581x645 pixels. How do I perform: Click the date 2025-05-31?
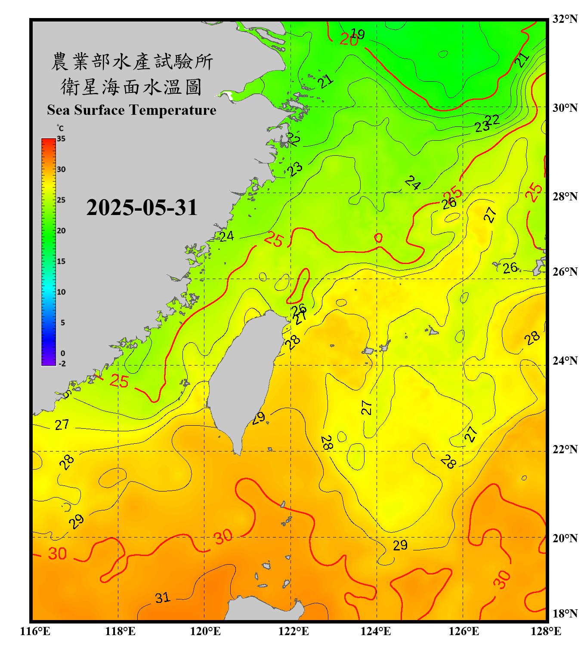tap(142, 208)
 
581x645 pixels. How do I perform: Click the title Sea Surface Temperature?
tap(132, 110)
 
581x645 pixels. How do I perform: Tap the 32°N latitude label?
tap(565, 19)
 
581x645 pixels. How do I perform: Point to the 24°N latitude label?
tap(565, 360)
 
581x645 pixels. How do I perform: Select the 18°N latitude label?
tap(565, 614)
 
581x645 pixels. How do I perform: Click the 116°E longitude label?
tap(35, 631)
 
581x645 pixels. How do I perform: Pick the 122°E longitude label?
tap(294, 631)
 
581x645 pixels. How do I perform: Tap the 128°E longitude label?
tap(546, 631)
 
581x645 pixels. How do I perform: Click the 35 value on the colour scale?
tap(61, 139)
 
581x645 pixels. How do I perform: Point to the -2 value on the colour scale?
tap(62, 364)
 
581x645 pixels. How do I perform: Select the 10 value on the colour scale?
tap(61, 292)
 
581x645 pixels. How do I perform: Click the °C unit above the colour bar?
tap(60, 128)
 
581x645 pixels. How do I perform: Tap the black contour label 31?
tap(163, 598)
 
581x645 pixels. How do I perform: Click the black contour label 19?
tap(358, 34)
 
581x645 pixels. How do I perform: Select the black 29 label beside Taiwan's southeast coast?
tap(259, 418)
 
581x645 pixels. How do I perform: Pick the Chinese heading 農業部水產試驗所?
tap(132, 62)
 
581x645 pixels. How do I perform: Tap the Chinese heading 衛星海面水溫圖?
tap(132, 87)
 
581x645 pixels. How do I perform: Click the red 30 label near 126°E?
tap(502, 579)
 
